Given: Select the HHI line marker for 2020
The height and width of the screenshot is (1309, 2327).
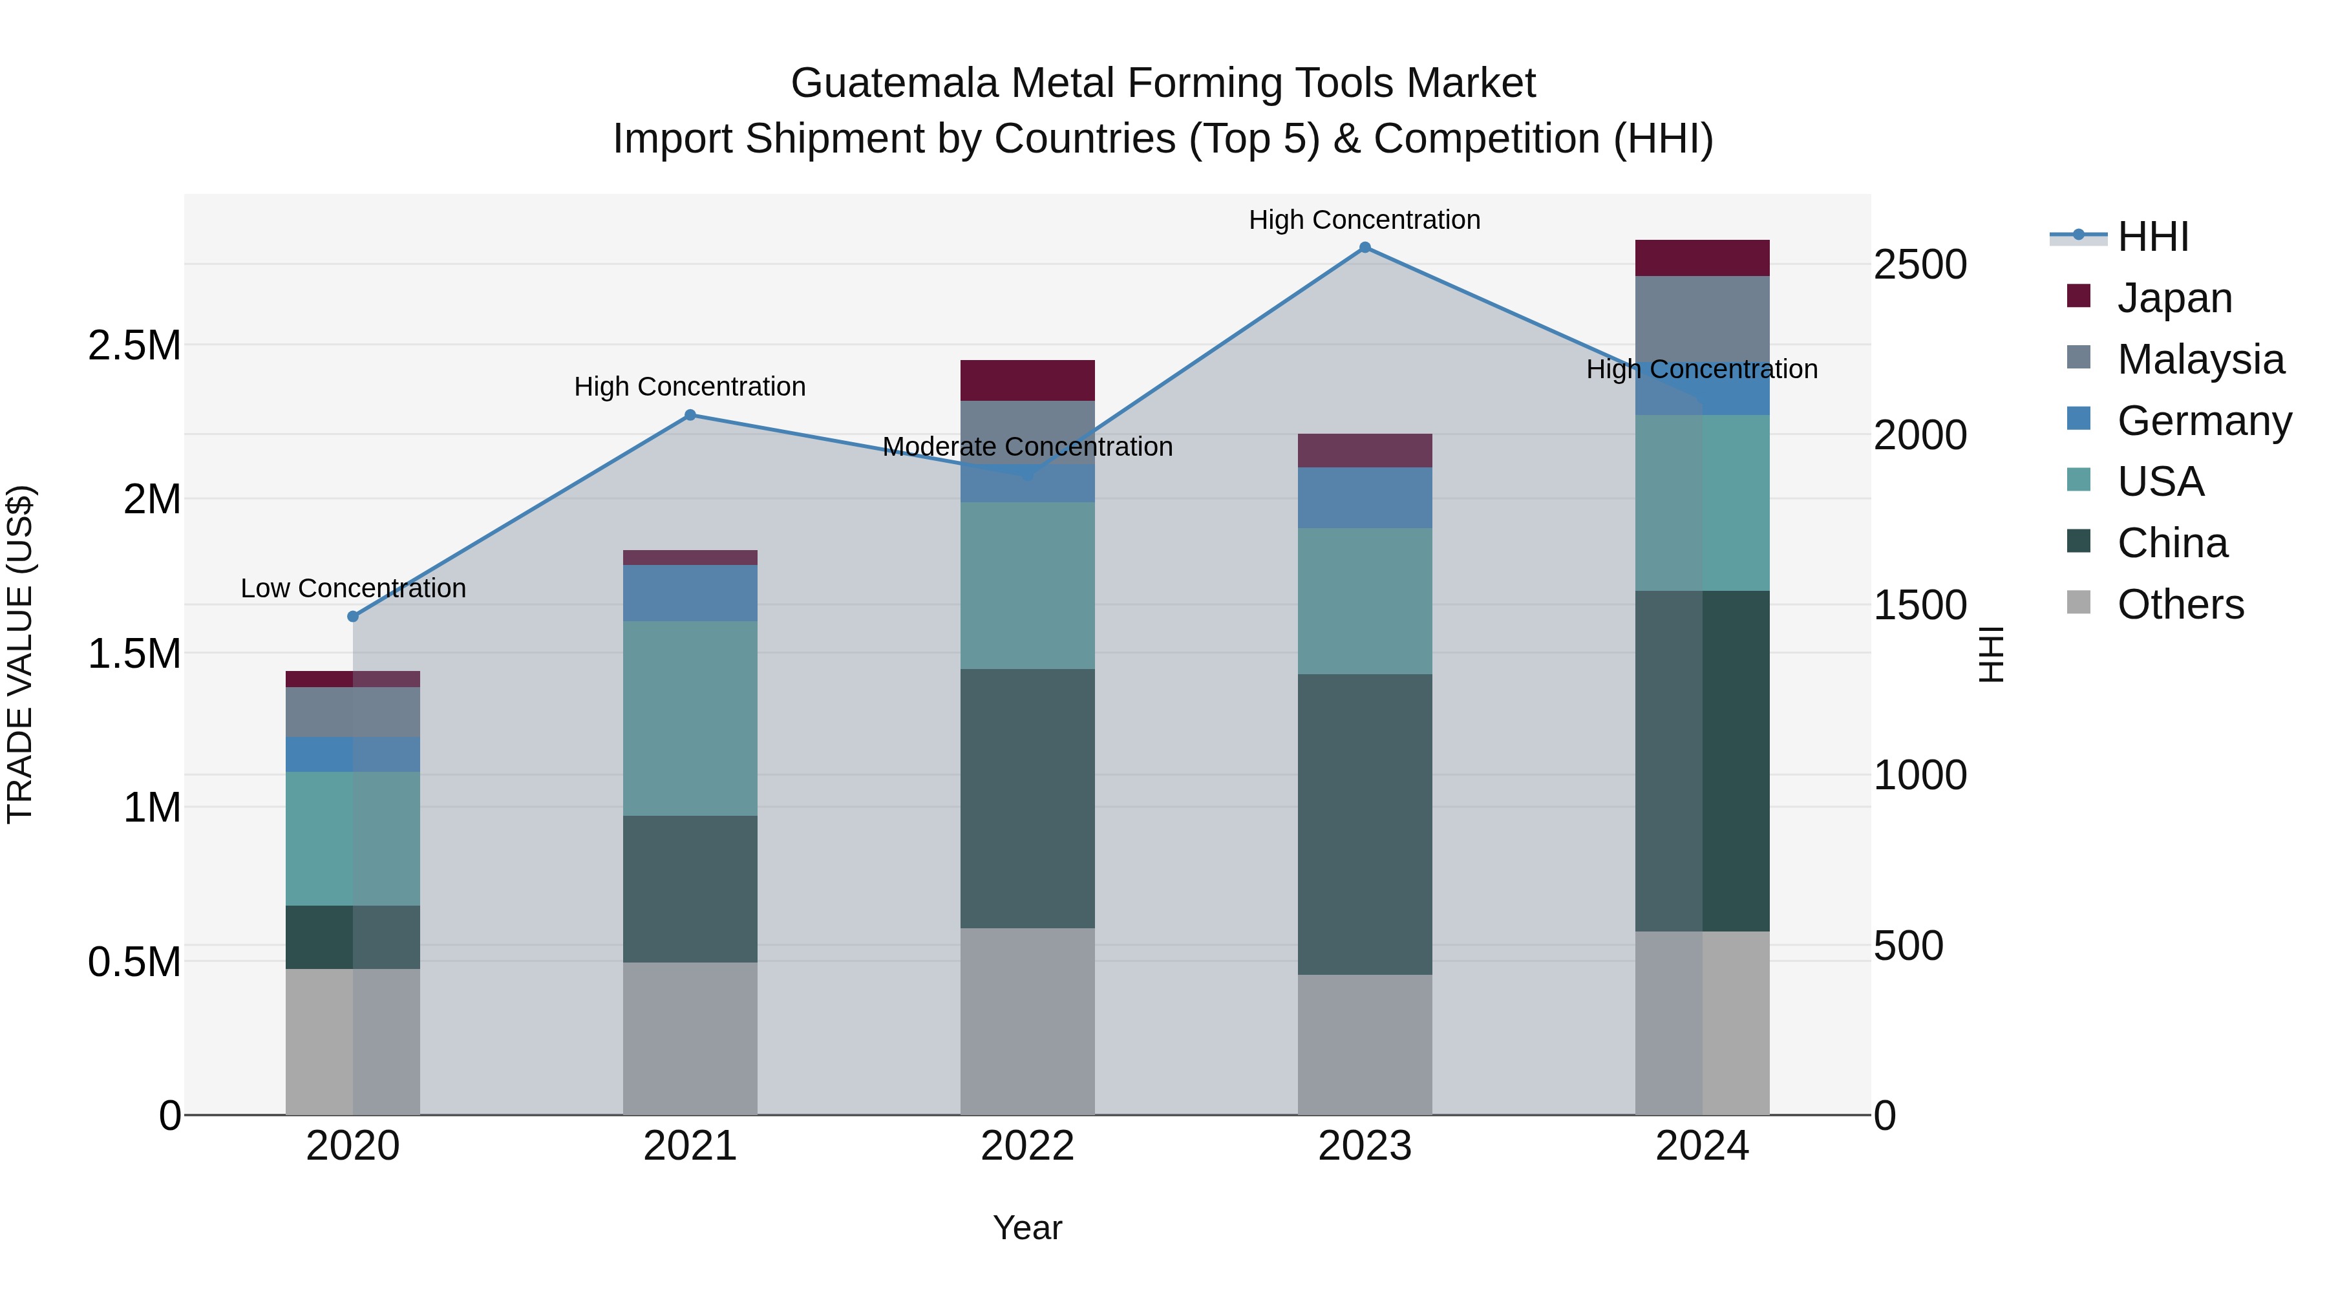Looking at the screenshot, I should click(353, 616).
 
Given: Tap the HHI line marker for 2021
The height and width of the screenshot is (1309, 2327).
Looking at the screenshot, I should click(690, 414).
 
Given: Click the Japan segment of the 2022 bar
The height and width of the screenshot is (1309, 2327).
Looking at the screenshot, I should click(1027, 380).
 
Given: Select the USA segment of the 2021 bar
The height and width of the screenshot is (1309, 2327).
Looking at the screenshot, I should click(690, 718).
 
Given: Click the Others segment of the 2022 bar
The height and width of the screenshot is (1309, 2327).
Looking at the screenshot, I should click(1027, 1021).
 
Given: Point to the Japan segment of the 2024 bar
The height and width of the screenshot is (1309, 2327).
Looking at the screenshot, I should click(1702, 257).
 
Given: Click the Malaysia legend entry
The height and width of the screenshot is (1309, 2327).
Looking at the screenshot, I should click(2200, 359).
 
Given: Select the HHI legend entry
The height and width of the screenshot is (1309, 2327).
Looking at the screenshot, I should click(2152, 237).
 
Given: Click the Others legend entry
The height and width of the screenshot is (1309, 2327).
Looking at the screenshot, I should click(2180, 604).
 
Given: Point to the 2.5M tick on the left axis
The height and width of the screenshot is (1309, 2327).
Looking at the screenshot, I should click(134, 345).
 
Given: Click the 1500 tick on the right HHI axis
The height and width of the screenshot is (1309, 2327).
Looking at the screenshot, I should click(1920, 605).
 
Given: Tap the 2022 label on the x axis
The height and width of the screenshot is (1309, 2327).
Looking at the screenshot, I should click(1027, 1146).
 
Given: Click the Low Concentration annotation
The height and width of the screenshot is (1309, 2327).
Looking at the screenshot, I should click(353, 588).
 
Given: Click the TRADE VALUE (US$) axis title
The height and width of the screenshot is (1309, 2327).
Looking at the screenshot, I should click(20, 654).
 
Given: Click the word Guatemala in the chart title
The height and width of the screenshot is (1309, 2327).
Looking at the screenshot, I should click(895, 83).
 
